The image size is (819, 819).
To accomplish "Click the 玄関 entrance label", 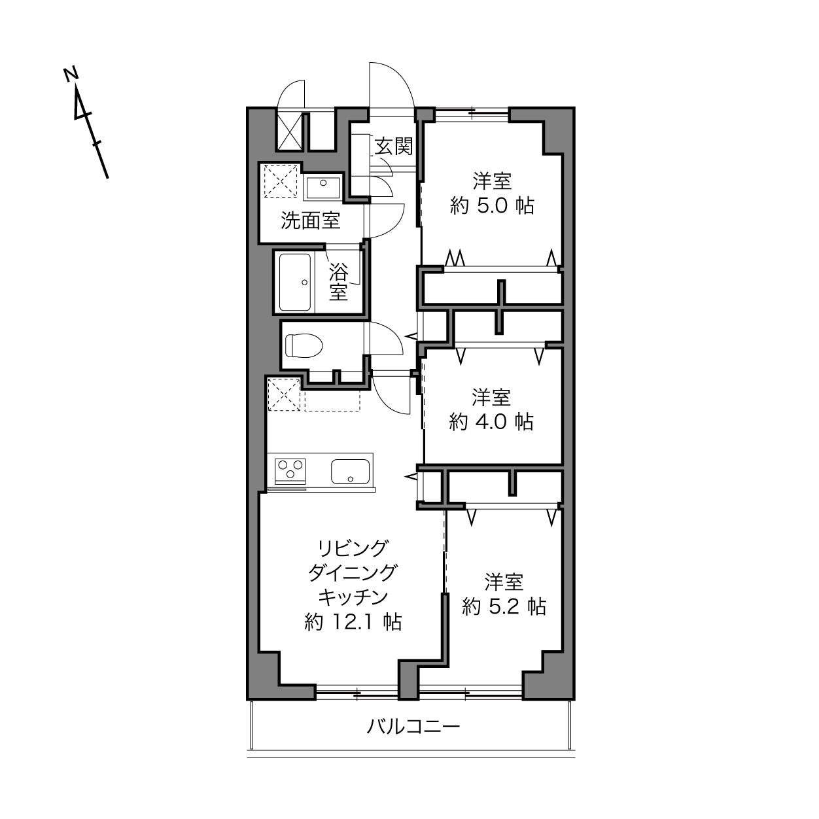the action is pyautogui.click(x=393, y=147).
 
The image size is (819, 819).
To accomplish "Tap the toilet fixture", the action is pyautogui.click(x=304, y=345).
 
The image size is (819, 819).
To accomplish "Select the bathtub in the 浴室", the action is pyautogui.click(x=296, y=282).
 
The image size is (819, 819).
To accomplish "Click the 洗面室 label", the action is pyautogui.click(x=310, y=220).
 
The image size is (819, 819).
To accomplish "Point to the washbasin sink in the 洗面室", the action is pyautogui.click(x=323, y=188).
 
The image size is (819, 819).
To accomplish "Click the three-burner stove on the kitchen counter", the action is pyautogui.click(x=290, y=471).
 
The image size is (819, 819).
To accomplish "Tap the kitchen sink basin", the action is pyautogui.click(x=350, y=472).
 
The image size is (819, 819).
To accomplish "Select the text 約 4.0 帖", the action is pyautogui.click(x=491, y=422).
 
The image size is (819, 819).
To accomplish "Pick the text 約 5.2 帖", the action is pyautogui.click(x=504, y=607).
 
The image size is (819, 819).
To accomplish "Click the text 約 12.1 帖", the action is pyautogui.click(x=353, y=623).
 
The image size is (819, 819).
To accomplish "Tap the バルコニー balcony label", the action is pyautogui.click(x=413, y=727).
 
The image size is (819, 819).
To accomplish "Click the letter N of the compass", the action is pyautogui.click(x=71, y=73).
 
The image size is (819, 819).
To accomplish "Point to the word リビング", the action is pyautogui.click(x=353, y=548).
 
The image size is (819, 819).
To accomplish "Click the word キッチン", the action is pyautogui.click(x=353, y=597).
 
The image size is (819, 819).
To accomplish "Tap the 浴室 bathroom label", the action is pyautogui.click(x=338, y=282).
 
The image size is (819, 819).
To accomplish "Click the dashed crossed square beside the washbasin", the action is pyautogui.click(x=281, y=181).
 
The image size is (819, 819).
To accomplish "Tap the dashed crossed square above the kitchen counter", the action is pyautogui.click(x=284, y=395).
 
